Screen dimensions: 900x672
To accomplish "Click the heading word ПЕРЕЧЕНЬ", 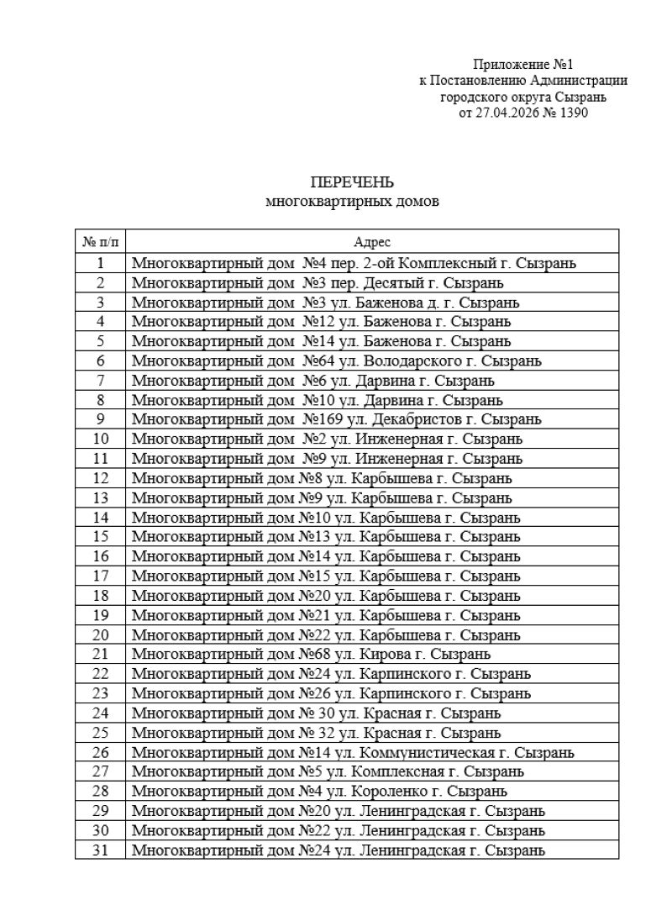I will (x=352, y=183).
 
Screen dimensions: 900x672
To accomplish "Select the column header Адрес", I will (x=372, y=241).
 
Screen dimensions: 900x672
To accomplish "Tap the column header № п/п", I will (x=100, y=241).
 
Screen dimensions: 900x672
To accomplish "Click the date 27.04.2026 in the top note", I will (x=505, y=113).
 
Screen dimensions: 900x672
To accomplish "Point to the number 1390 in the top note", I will (x=564, y=113).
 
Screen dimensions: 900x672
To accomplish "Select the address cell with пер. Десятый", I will (x=318, y=282).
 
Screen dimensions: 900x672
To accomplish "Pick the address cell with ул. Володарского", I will (x=336, y=361).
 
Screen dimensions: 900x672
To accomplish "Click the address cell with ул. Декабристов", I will (x=336, y=418).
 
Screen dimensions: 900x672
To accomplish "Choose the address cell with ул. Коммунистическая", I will (x=353, y=751).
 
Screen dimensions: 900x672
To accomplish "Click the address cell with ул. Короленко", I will (x=319, y=791).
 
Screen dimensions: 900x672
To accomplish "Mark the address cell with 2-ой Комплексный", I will (x=354, y=263).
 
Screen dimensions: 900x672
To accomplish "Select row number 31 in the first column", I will (x=100, y=850).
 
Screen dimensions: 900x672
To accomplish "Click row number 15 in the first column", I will (x=100, y=536).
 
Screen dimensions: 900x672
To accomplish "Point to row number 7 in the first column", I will (x=100, y=380).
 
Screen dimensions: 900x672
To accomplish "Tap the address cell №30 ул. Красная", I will (x=317, y=713).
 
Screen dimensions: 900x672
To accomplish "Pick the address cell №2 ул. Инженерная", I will (x=327, y=439).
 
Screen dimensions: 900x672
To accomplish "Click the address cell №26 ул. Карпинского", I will (x=331, y=693).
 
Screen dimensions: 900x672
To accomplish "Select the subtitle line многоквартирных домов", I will (x=352, y=202).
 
